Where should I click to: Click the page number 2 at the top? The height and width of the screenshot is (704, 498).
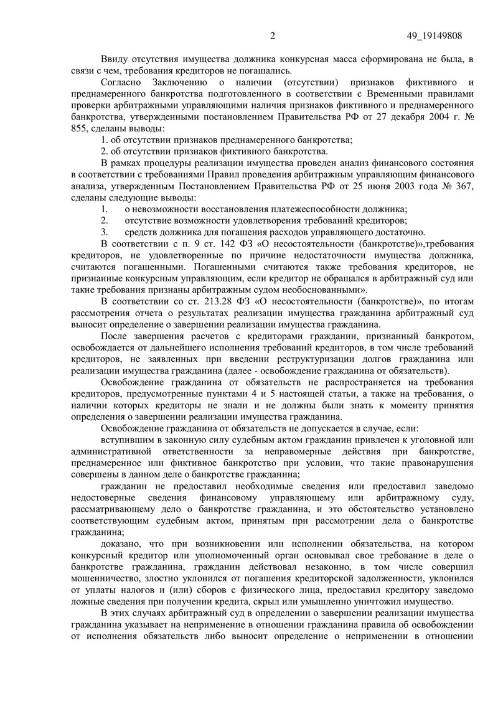[x=273, y=36]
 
